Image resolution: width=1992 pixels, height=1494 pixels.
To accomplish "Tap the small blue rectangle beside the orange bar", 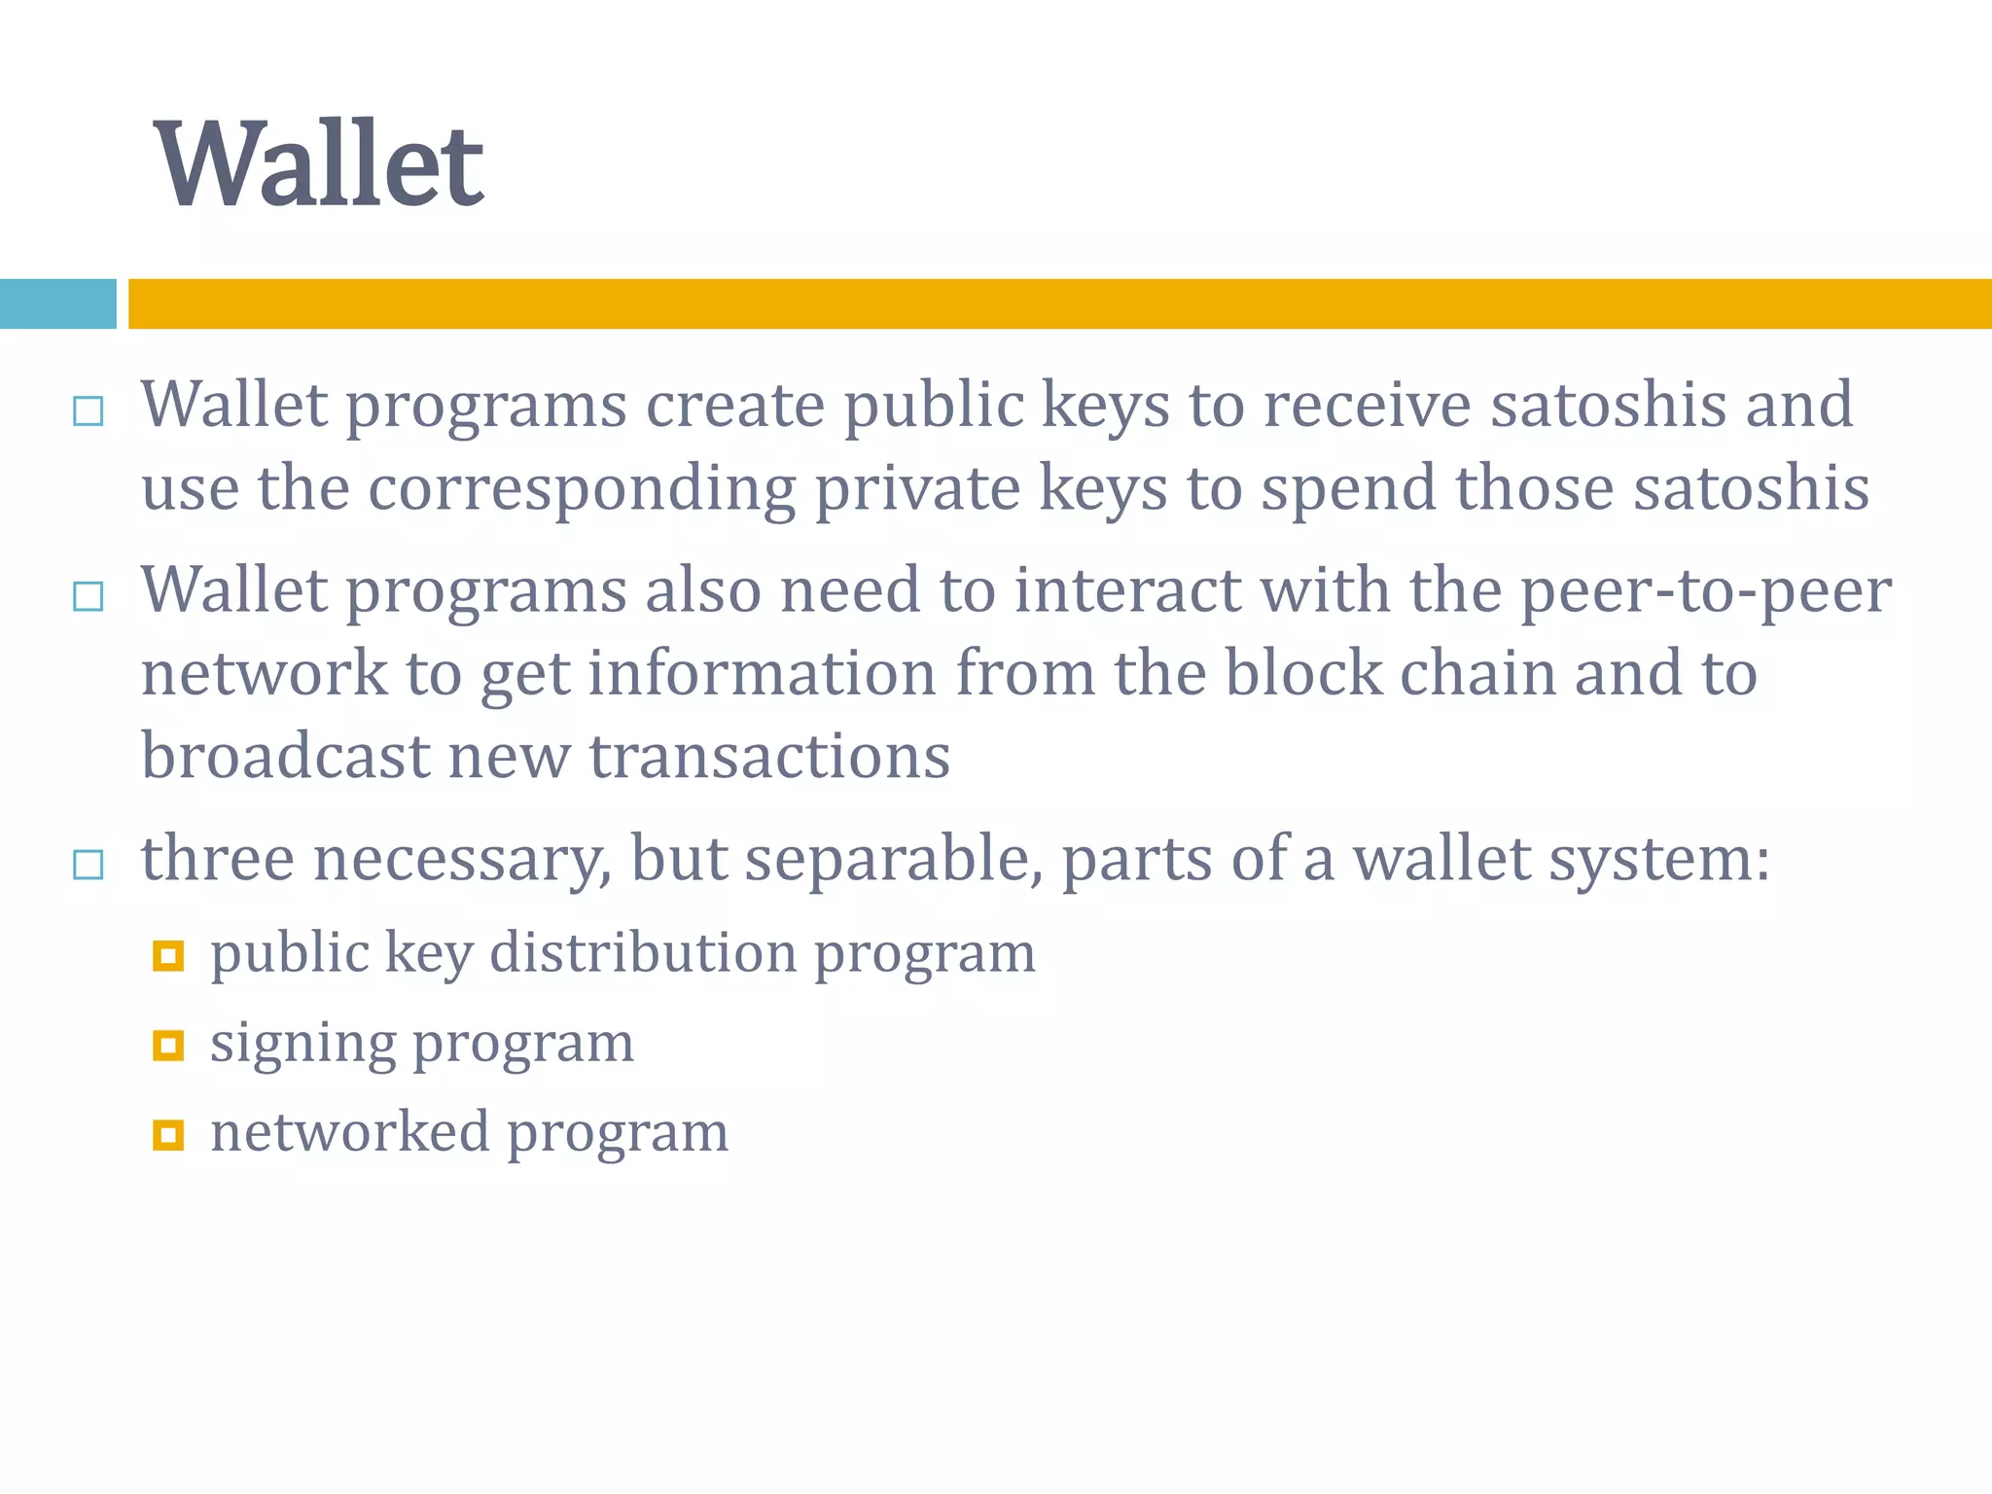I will coord(57,303).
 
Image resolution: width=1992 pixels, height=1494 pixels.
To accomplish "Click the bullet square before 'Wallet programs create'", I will coord(89,411).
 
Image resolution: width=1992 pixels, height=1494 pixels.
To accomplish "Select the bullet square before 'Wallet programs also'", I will coord(89,595).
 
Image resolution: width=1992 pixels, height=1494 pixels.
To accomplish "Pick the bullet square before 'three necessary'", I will coord(89,864).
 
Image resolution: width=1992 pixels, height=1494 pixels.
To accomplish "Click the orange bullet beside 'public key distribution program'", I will coord(168,956).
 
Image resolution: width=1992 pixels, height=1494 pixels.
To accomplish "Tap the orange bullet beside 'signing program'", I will coord(168,1046).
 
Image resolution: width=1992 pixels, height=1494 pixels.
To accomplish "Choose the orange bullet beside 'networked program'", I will coord(168,1134).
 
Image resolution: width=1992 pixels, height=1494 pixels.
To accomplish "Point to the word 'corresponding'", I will coord(582,488).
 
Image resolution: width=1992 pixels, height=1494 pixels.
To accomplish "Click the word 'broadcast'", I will coord(286,757).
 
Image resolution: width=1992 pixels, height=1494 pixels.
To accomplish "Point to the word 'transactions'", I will coord(769,757).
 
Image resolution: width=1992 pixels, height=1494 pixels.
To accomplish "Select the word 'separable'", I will coord(894,860).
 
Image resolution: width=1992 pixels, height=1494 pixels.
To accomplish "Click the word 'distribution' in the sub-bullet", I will coord(643,952).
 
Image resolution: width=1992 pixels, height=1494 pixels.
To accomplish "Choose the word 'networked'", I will coord(350,1132).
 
